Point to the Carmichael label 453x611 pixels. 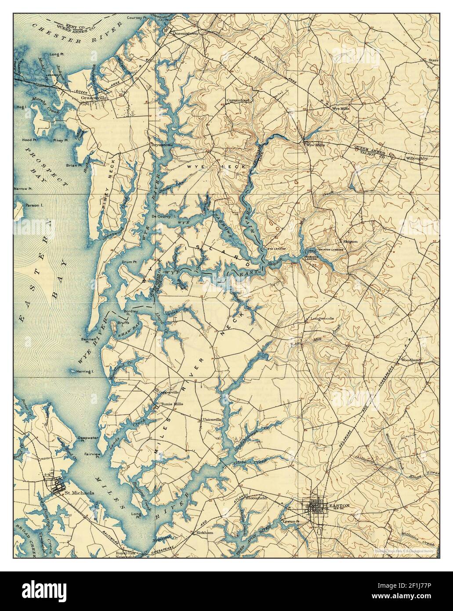tap(238, 100)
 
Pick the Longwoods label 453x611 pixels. tap(323, 318)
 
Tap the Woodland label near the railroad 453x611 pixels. tap(411, 360)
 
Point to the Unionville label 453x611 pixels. tap(211, 419)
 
